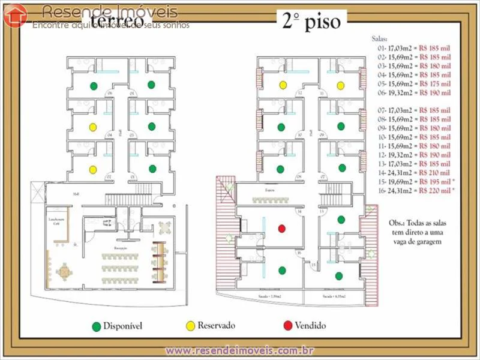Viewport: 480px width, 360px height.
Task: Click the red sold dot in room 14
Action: coord(281,228)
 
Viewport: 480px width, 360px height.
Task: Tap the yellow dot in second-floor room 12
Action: coord(282,85)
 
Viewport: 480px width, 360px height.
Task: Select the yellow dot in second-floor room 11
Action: coord(340,85)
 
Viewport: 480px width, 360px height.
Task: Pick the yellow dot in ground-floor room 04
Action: coord(93,127)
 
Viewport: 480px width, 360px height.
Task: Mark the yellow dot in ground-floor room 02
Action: coord(93,170)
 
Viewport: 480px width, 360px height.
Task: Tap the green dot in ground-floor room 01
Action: coord(152,169)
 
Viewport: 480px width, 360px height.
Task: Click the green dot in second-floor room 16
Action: coord(282,271)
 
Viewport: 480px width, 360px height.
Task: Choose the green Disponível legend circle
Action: coord(96,326)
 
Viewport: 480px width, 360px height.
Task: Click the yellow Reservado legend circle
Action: coord(190,326)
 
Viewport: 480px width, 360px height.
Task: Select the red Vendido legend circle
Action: coord(288,326)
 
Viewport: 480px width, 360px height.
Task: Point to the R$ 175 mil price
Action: coord(435,84)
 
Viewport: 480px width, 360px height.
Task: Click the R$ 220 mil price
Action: coord(435,190)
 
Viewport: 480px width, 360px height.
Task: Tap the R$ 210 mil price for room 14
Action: coord(435,173)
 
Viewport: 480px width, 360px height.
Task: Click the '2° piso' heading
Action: coord(311,22)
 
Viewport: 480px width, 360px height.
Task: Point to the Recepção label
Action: coord(122,246)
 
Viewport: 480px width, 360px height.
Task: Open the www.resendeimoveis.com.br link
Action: coord(240,350)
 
